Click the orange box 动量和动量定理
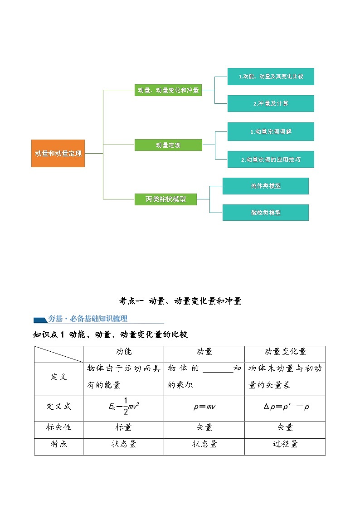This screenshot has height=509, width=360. click(58, 153)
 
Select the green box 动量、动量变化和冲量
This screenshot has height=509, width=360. click(168, 90)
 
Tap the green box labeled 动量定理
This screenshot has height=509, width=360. click(168, 145)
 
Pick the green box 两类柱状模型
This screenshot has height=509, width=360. click(165, 199)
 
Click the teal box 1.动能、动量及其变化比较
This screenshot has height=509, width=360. click(271, 77)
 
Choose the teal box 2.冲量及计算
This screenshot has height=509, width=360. click(271, 103)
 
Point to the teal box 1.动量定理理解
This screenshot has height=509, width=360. click(271, 131)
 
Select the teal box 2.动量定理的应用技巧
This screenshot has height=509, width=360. click(271, 160)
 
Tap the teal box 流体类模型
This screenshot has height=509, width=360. click(265, 186)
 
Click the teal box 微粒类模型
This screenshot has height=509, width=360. click(265, 213)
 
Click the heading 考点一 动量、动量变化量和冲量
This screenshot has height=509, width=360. click(180, 301)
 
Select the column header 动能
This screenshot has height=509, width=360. click(124, 352)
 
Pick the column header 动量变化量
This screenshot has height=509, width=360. click(285, 352)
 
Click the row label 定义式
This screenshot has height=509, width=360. click(59, 407)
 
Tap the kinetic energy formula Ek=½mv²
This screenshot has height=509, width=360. click(124, 407)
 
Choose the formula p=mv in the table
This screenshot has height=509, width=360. click(204, 407)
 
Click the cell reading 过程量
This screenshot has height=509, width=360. click(285, 444)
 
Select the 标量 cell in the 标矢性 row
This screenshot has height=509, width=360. click(124, 427)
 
